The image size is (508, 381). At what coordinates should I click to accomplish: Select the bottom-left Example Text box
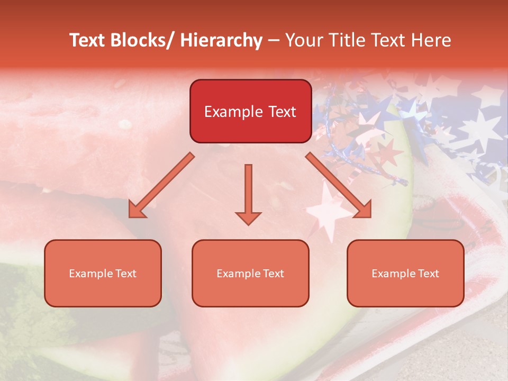tap(103, 273)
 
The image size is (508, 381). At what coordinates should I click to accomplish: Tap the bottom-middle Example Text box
tap(250, 273)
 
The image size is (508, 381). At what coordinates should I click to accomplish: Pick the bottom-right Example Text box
tap(405, 273)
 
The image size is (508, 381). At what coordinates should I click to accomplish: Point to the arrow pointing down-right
tap(339, 186)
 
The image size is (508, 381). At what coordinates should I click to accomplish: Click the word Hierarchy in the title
tap(221, 41)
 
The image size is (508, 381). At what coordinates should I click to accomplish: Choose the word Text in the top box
tap(282, 112)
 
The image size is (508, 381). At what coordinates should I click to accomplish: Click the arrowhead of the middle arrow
tap(248, 217)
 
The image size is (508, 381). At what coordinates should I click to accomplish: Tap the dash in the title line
tap(274, 41)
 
